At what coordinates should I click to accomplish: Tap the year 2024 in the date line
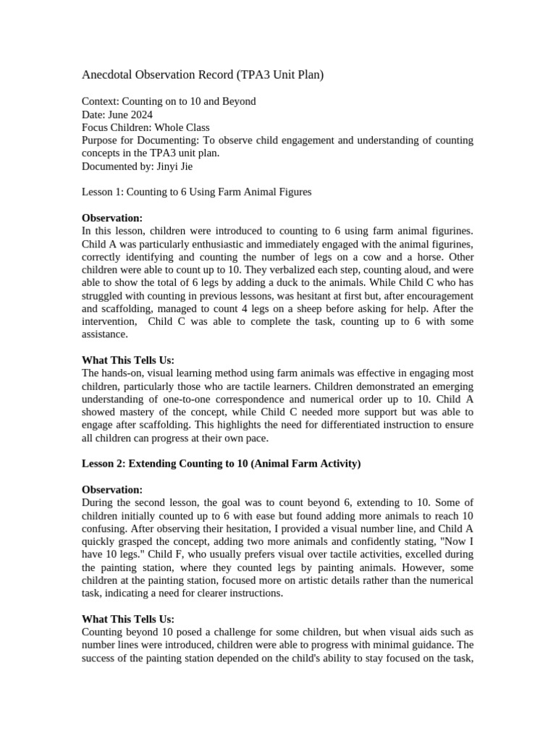tap(141, 114)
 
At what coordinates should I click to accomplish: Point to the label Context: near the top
tap(101, 101)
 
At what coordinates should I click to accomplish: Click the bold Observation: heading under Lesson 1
tap(112, 218)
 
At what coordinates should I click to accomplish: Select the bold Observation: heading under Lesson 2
tap(112, 490)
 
